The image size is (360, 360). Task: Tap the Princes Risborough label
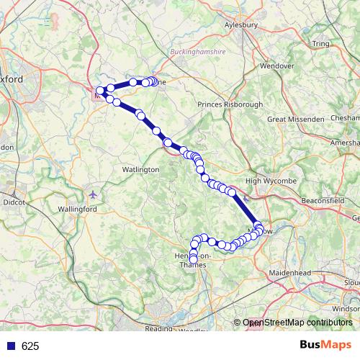[230, 104]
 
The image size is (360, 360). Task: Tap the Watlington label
[140, 169]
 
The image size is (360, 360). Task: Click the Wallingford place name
[77, 209]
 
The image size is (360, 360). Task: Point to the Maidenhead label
[290, 274]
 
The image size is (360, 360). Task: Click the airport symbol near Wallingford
[94, 194]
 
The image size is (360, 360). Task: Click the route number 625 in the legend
[30, 346]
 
